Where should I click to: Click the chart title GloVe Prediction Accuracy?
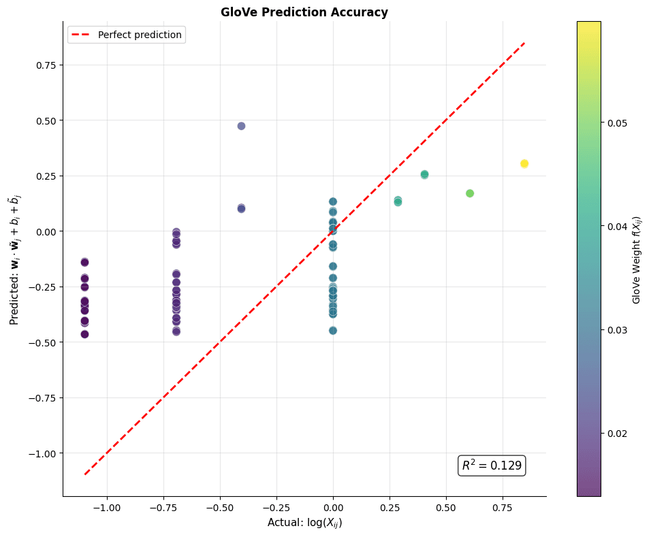(x=304, y=12)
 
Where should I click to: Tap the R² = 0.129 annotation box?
(x=492, y=466)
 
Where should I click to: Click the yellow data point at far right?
(x=524, y=164)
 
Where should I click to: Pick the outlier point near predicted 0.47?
(x=241, y=126)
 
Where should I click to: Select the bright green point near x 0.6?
(x=470, y=193)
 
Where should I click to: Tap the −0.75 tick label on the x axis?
(x=163, y=508)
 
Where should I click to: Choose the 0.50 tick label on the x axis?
(x=446, y=508)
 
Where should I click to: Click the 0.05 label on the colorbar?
(x=617, y=123)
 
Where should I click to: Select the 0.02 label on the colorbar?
(x=617, y=433)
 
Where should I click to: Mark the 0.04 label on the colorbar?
(x=617, y=226)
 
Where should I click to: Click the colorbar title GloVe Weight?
(x=637, y=259)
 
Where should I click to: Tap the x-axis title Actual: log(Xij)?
(x=304, y=523)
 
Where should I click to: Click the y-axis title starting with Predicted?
(x=15, y=259)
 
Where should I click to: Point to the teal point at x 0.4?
(x=424, y=175)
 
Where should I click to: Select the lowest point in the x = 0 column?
(x=333, y=331)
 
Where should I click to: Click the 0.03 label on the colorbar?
(x=617, y=329)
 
